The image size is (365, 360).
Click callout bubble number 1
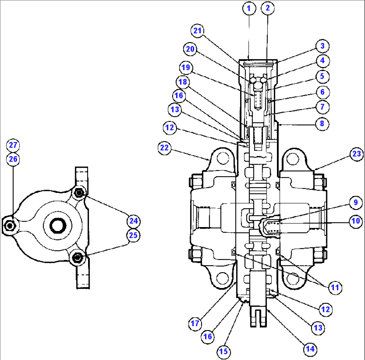click(248, 9)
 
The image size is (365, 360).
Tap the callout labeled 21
click(198, 31)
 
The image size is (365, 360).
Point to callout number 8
click(322, 124)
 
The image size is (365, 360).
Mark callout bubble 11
click(335, 287)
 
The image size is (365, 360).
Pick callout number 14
click(310, 349)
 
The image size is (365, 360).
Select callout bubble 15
click(224, 351)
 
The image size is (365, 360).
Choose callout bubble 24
click(133, 221)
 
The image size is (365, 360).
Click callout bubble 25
click(133, 235)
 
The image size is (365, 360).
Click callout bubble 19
click(186, 68)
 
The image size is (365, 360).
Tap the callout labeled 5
click(322, 76)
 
